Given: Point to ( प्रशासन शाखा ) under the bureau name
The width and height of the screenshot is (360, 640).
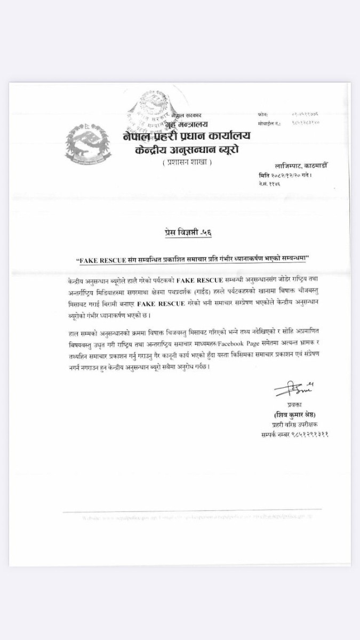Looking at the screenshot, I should [187, 162].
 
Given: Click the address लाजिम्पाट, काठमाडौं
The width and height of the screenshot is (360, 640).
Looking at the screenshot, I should [301, 166].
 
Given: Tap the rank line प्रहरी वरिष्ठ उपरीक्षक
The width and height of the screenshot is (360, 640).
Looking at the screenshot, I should [300, 425].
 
